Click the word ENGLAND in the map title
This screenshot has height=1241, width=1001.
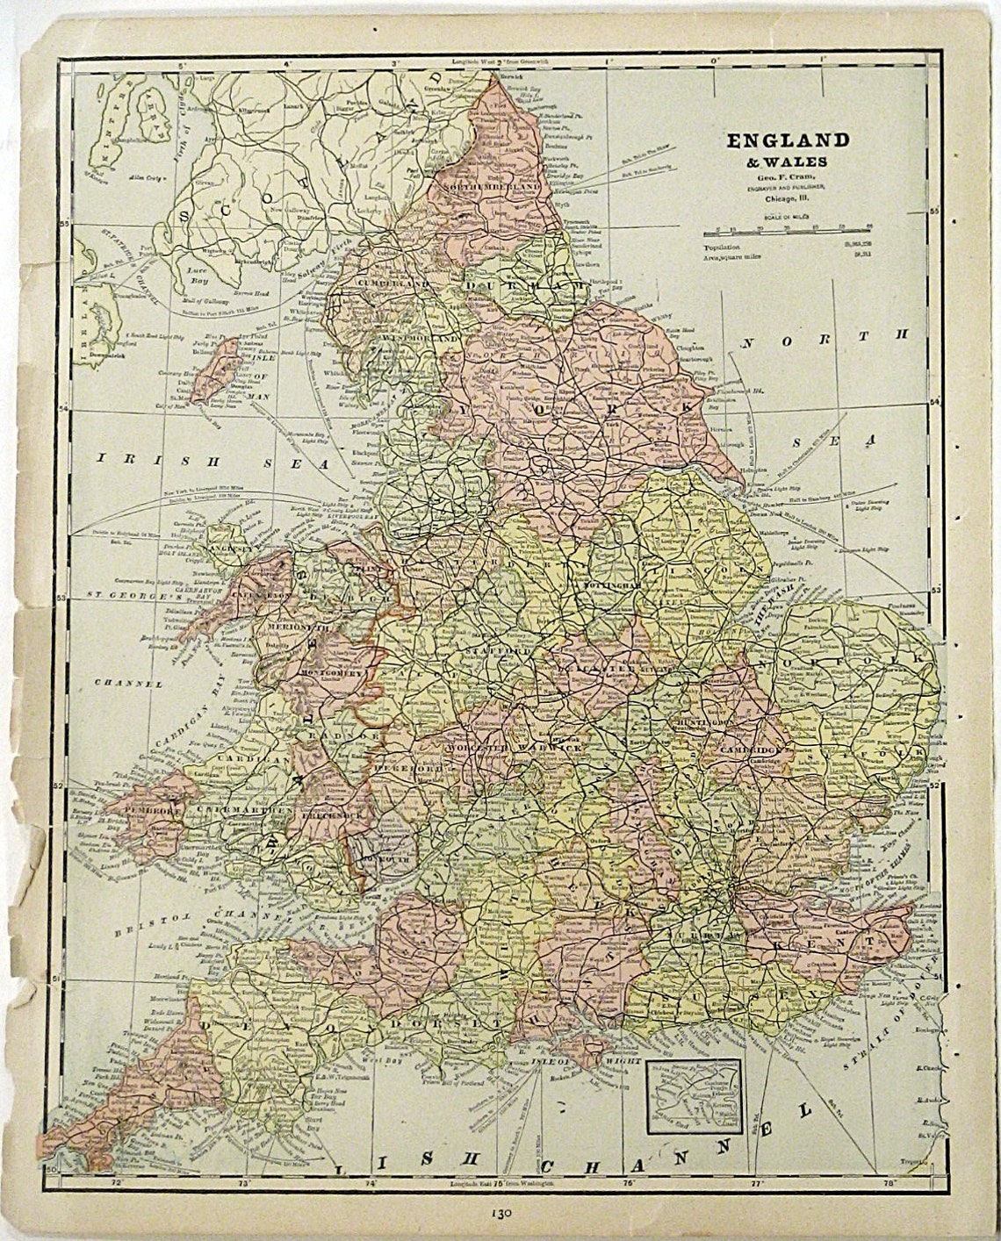pyautogui.click(x=786, y=140)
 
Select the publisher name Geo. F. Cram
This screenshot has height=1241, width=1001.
pyautogui.click(x=786, y=173)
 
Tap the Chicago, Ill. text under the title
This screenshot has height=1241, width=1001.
pyautogui.click(x=786, y=197)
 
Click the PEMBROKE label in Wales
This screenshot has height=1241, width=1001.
pyautogui.click(x=155, y=812)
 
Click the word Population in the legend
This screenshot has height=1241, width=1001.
pyautogui.click(x=724, y=247)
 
